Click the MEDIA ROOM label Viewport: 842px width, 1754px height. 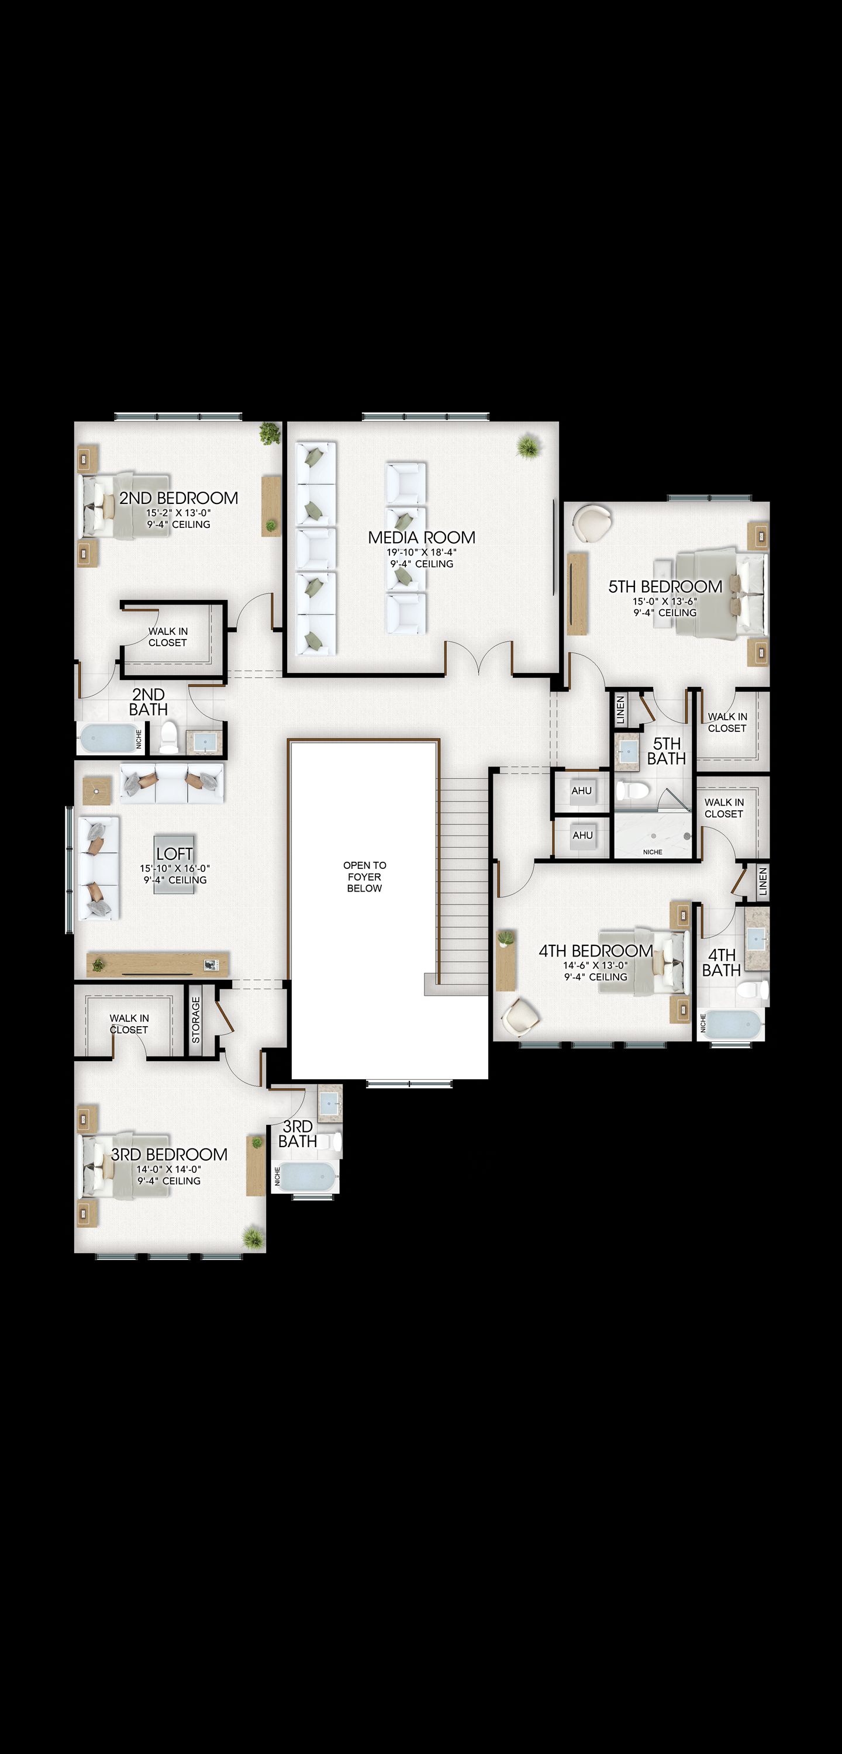pyautogui.click(x=422, y=537)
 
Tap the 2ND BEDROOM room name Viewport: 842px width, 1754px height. pyautogui.click(x=178, y=498)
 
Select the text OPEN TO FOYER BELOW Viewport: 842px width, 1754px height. pyautogui.click(x=364, y=876)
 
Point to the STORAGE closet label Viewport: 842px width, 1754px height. pyautogui.click(x=195, y=1020)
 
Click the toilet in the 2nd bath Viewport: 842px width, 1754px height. pyautogui.click(x=168, y=738)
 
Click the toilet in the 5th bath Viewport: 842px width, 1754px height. pyautogui.click(x=633, y=790)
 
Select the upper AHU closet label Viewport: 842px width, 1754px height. pyautogui.click(x=582, y=790)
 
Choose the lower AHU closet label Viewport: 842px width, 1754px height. pyautogui.click(x=582, y=835)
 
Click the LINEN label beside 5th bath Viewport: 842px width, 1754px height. pyautogui.click(x=620, y=710)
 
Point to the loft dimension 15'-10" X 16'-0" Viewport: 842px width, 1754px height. pyautogui.click(x=175, y=868)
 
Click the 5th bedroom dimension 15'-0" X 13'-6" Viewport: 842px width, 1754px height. pyautogui.click(x=665, y=601)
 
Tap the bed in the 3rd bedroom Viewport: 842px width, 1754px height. pyautogui.click(x=126, y=1166)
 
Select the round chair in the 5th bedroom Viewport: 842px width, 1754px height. pyautogui.click(x=592, y=523)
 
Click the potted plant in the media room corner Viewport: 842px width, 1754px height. pyautogui.click(x=528, y=447)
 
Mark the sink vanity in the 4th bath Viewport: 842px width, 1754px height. pyautogui.click(x=757, y=939)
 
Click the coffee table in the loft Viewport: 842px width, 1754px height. pyautogui.click(x=174, y=864)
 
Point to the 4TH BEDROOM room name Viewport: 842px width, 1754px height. pyautogui.click(x=596, y=951)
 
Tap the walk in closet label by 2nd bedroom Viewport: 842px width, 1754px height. pyautogui.click(x=168, y=637)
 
